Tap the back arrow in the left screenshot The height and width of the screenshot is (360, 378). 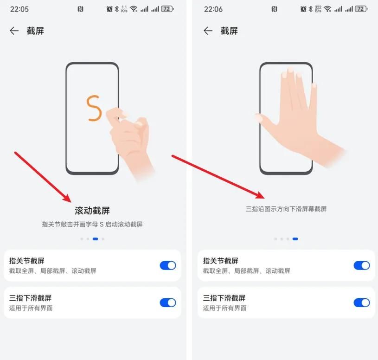(x=14, y=31)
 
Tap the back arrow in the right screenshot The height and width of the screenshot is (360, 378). (x=208, y=31)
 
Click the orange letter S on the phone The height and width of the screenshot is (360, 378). (x=94, y=108)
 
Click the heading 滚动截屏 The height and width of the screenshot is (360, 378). (x=92, y=211)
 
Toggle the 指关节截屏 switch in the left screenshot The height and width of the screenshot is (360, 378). (x=168, y=265)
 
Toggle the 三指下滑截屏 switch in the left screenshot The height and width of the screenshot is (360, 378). (x=168, y=302)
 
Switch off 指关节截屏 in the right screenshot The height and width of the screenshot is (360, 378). (x=362, y=265)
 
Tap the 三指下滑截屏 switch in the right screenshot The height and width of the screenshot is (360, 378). (x=362, y=302)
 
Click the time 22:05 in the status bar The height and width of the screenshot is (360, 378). (x=19, y=9)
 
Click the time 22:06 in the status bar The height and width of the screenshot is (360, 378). (x=213, y=9)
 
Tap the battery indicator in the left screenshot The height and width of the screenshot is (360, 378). (x=167, y=9)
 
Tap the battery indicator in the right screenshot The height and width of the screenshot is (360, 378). (x=361, y=9)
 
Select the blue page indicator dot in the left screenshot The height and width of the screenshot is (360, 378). (x=95, y=239)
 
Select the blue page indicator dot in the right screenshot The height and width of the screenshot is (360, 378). (x=295, y=239)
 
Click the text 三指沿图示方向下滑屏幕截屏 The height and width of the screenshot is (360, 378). (x=286, y=209)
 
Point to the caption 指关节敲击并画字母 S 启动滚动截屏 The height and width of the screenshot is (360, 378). (x=92, y=225)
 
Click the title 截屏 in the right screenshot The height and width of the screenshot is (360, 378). (x=229, y=31)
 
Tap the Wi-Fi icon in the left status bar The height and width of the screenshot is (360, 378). (x=134, y=9)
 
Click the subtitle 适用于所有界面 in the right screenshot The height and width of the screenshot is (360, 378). (x=224, y=308)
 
